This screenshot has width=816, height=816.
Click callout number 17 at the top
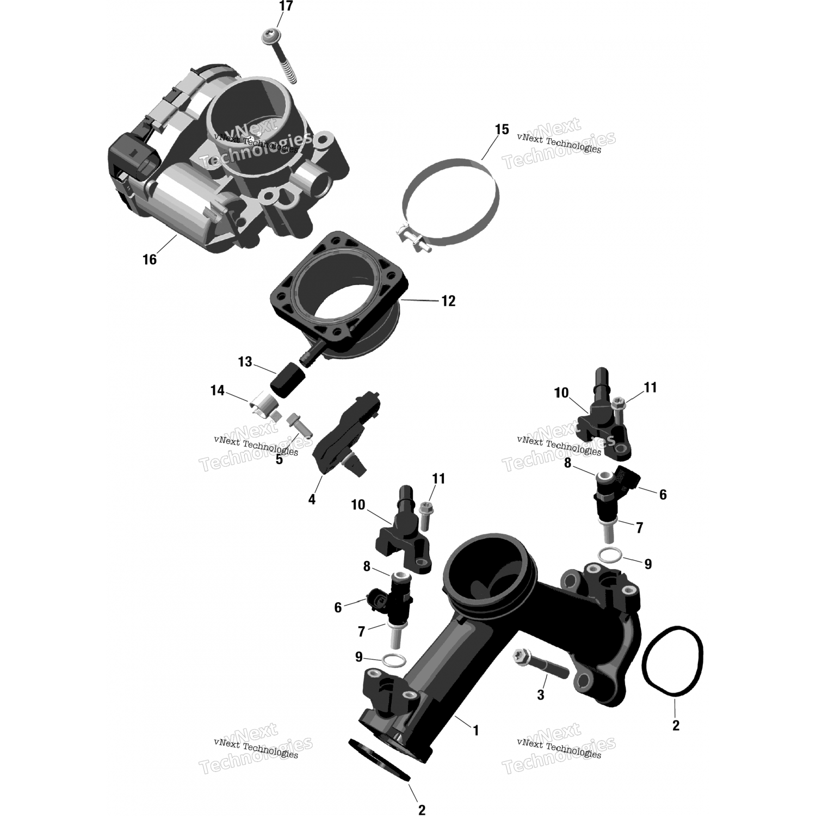pos(286,7)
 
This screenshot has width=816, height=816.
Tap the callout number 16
pos(150,259)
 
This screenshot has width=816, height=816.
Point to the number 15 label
pos(502,129)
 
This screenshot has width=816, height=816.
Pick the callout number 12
pos(448,300)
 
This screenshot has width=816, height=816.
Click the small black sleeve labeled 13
pos(288,379)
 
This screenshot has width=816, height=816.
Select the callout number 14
pos(218,391)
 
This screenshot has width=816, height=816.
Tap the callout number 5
pos(279,460)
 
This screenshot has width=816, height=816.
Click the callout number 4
pos(312,499)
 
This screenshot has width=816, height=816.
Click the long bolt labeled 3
pos(540,665)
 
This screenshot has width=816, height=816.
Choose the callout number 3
pos(540,695)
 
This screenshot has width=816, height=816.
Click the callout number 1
pos(476,730)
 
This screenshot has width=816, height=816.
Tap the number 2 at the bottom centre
pos(422,810)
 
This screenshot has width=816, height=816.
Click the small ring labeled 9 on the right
pos(610,555)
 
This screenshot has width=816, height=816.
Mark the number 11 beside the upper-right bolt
pos(650,387)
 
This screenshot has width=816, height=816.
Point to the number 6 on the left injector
pos(338,608)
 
